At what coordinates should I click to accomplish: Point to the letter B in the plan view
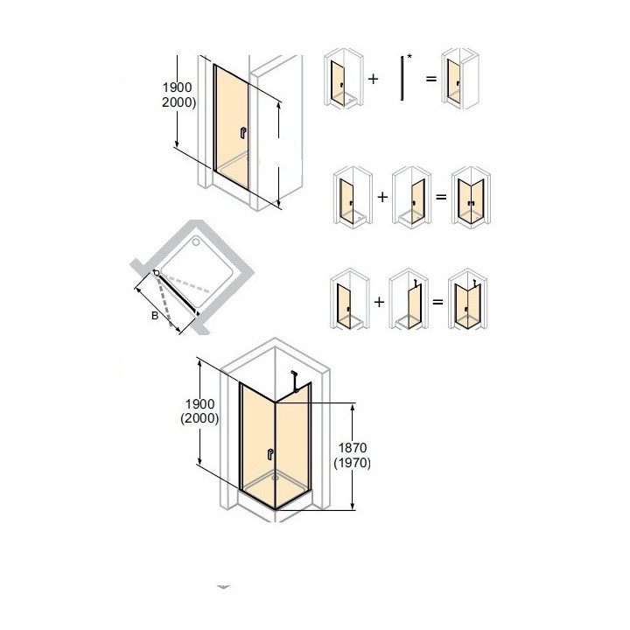(x=155, y=316)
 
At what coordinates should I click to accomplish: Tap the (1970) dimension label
(x=353, y=464)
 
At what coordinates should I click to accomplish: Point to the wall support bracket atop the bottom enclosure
(x=298, y=381)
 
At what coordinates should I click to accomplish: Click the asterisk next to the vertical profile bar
(x=409, y=58)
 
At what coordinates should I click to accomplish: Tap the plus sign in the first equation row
(x=374, y=79)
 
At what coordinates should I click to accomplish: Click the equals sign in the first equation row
(x=430, y=79)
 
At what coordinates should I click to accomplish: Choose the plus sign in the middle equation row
(x=381, y=197)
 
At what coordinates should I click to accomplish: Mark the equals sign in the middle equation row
(x=441, y=197)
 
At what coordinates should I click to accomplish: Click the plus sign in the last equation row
(x=377, y=303)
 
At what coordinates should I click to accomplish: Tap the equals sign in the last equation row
(x=437, y=303)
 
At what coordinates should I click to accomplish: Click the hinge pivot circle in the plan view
(x=157, y=274)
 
